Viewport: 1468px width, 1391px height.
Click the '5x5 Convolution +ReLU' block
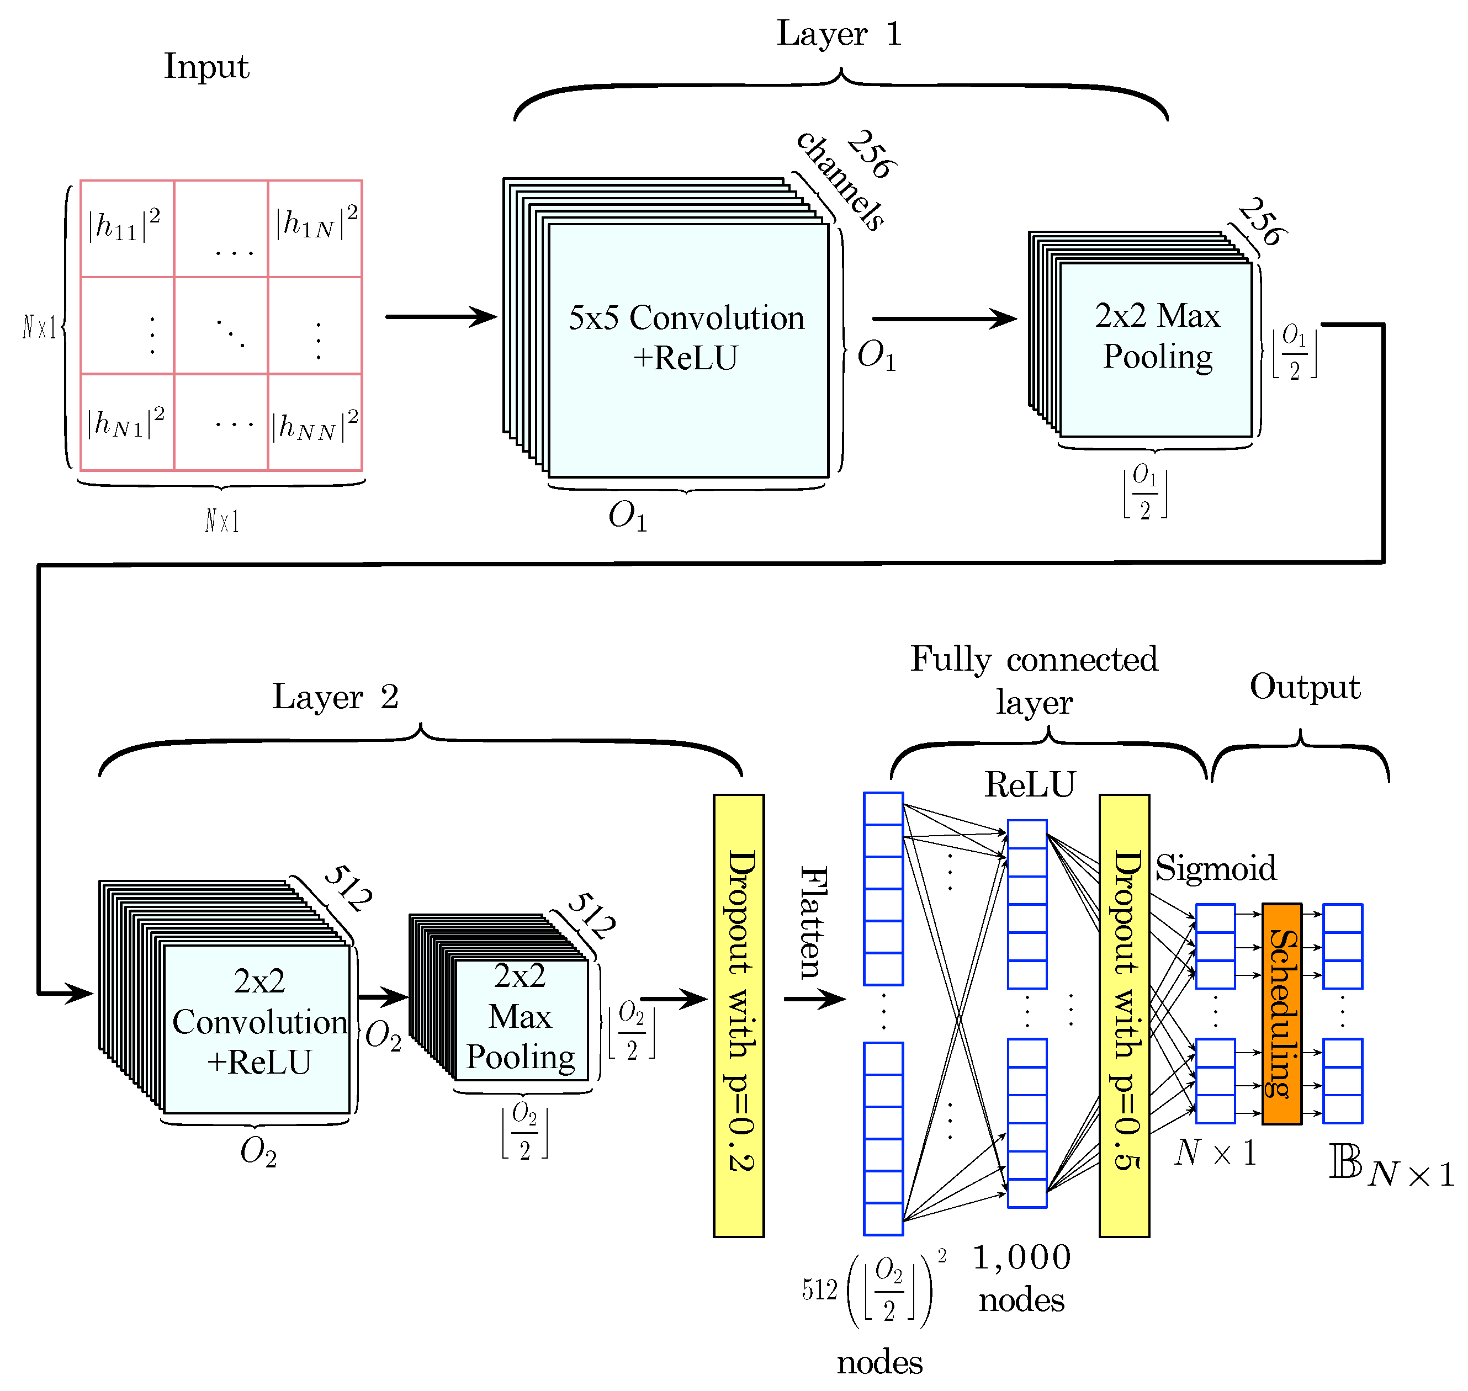click(687, 348)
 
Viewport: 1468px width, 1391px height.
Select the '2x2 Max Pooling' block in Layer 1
click(1157, 348)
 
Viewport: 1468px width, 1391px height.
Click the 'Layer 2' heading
click(335, 697)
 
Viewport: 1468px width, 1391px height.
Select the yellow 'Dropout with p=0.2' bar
click(739, 1016)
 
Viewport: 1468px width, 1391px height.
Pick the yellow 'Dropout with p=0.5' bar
click(1124, 1016)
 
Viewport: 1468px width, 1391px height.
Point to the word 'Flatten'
click(813, 923)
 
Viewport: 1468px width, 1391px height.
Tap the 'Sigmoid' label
click(1216, 868)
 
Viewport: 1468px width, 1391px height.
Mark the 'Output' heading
click(1305, 687)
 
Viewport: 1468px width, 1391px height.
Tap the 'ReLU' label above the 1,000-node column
click(1029, 784)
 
